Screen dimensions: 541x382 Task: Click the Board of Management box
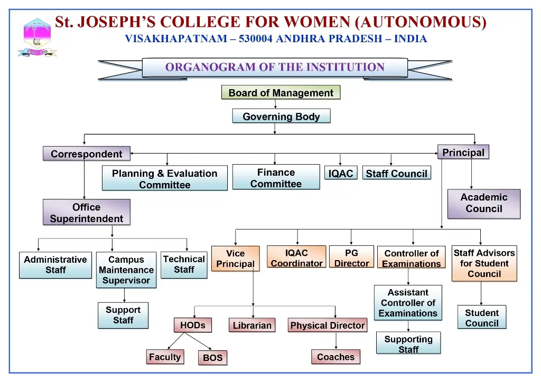[x=281, y=92]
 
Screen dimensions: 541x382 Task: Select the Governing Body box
[x=281, y=116]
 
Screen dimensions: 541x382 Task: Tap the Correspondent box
[x=87, y=154]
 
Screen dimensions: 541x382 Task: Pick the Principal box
[x=463, y=152]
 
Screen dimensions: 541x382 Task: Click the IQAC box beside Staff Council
[x=341, y=173]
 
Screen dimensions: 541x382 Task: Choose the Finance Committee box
[x=276, y=177]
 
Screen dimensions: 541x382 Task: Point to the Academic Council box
[x=484, y=204]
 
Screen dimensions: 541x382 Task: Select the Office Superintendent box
[x=87, y=212]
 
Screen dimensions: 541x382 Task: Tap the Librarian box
[x=252, y=325]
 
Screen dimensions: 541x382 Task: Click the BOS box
[x=212, y=358]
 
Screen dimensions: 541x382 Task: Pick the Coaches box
[x=335, y=357]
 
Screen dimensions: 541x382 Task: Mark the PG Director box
[x=351, y=257]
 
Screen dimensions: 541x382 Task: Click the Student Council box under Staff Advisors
[x=482, y=317]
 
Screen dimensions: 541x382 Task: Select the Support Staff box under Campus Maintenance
[x=123, y=315]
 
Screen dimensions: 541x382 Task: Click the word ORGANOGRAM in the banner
[x=210, y=67]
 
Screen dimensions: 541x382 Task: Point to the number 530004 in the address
[x=256, y=39]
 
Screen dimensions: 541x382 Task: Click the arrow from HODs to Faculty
[x=175, y=341]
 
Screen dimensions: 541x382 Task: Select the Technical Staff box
[x=184, y=265]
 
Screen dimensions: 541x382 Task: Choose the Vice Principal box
[x=235, y=259]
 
